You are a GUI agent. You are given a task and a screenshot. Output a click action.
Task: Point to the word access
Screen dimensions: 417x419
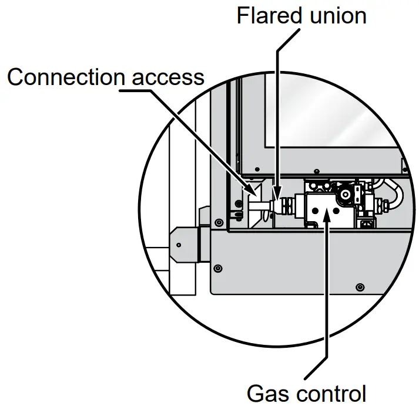[169, 77]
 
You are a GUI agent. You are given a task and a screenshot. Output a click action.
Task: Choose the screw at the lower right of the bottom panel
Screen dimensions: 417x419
[360, 286]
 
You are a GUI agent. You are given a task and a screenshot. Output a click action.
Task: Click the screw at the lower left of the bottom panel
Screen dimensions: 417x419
[219, 267]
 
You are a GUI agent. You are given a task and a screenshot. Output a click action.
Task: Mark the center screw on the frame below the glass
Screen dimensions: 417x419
[317, 171]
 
